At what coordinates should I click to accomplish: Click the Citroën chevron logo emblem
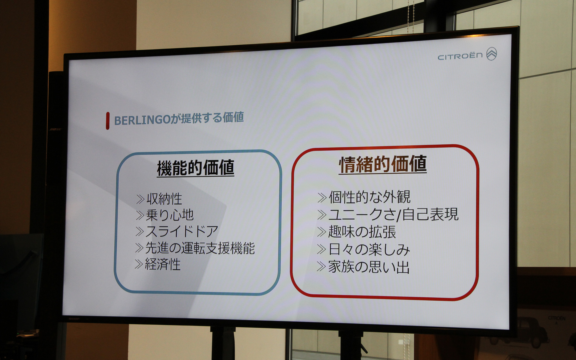point(491,54)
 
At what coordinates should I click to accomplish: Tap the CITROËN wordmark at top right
point(460,56)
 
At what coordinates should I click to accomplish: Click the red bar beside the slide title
point(107,121)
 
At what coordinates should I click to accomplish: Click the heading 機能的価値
point(195,168)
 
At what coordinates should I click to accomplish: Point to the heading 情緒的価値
point(382,164)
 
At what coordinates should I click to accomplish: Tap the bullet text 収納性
point(164,199)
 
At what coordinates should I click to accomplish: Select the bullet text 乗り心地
point(169,215)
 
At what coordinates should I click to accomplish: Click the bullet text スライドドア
point(182,231)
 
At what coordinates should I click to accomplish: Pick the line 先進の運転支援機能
point(200,248)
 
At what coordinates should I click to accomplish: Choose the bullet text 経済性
point(163,264)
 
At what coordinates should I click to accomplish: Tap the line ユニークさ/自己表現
point(393,214)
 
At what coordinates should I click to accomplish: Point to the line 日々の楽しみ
point(369,250)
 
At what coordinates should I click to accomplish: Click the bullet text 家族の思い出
point(369,267)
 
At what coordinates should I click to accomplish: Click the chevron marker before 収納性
point(140,199)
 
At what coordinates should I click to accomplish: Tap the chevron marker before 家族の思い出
point(321,266)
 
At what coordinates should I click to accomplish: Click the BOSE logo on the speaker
point(55,130)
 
